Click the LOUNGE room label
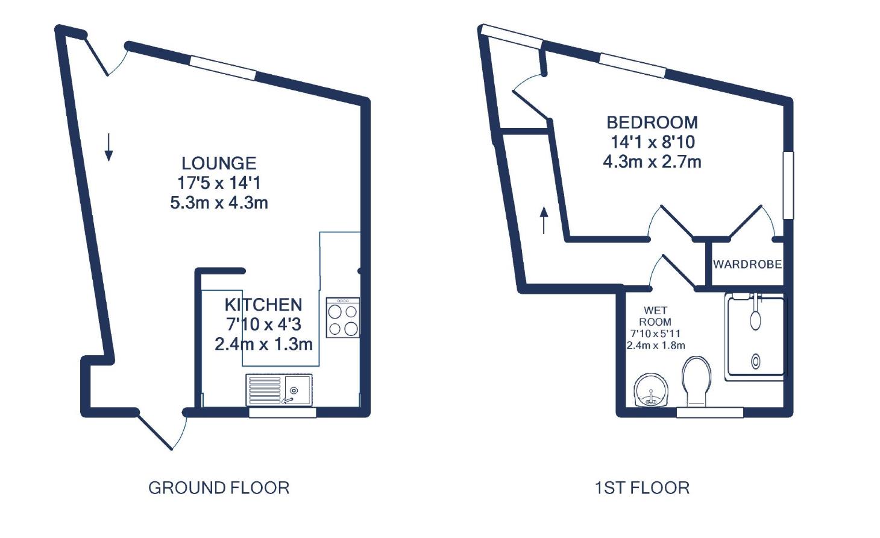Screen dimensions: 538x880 [x=219, y=163]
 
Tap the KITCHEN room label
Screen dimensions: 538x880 [x=263, y=305]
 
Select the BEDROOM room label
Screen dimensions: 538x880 [x=652, y=122]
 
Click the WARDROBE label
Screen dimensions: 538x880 [x=747, y=264]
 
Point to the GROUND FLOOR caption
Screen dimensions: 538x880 [x=219, y=487]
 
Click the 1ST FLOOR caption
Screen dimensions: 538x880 [x=642, y=487]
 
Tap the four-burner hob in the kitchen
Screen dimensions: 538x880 [x=343, y=317]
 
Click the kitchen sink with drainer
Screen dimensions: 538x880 [x=278, y=390]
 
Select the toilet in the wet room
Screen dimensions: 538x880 [x=696, y=381]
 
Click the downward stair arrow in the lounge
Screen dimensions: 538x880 [x=108, y=147]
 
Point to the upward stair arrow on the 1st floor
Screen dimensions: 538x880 [x=544, y=220]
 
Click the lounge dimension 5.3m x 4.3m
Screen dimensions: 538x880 [x=219, y=203]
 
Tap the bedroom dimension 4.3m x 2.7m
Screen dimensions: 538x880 [x=652, y=162]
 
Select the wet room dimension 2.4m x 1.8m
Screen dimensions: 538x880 [x=655, y=346]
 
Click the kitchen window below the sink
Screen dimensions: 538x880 [x=282, y=413]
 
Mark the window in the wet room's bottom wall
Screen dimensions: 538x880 [x=709, y=413]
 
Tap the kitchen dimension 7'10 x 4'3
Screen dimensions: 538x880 [x=263, y=324]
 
